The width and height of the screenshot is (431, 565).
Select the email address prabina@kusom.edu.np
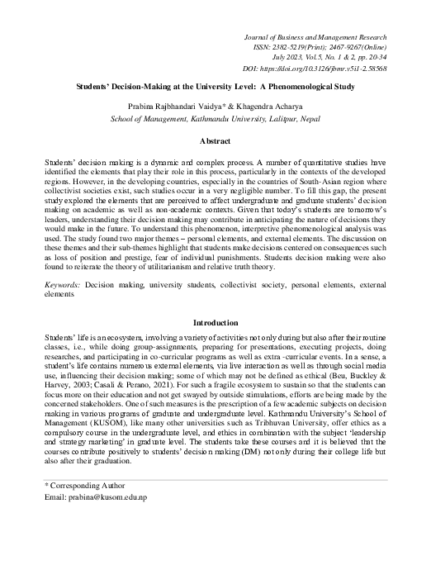point(94,521)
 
